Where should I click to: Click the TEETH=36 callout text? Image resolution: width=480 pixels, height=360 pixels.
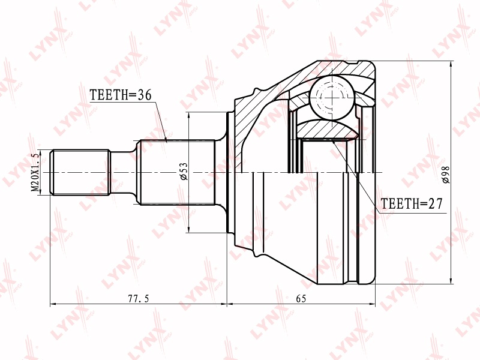pyautogui.click(x=121, y=95)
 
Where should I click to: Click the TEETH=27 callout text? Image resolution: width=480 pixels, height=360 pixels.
pyautogui.click(x=412, y=203)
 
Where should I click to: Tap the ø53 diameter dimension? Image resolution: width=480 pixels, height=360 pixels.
pyautogui.click(x=184, y=172)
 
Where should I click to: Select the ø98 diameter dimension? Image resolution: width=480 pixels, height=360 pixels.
pyautogui.click(x=446, y=175)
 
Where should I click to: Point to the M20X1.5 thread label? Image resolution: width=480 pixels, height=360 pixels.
pyautogui.click(x=36, y=172)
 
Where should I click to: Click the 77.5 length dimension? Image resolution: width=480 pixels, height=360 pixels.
pyautogui.click(x=138, y=298)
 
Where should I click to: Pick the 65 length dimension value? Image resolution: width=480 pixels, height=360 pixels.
pyautogui.click(x=301, y=298)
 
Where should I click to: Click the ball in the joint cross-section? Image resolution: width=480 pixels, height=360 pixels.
pyautogui.click(x=332, y=97)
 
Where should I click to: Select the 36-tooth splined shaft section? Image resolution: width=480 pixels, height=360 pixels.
pyautogui.click(x=177, y=172)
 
